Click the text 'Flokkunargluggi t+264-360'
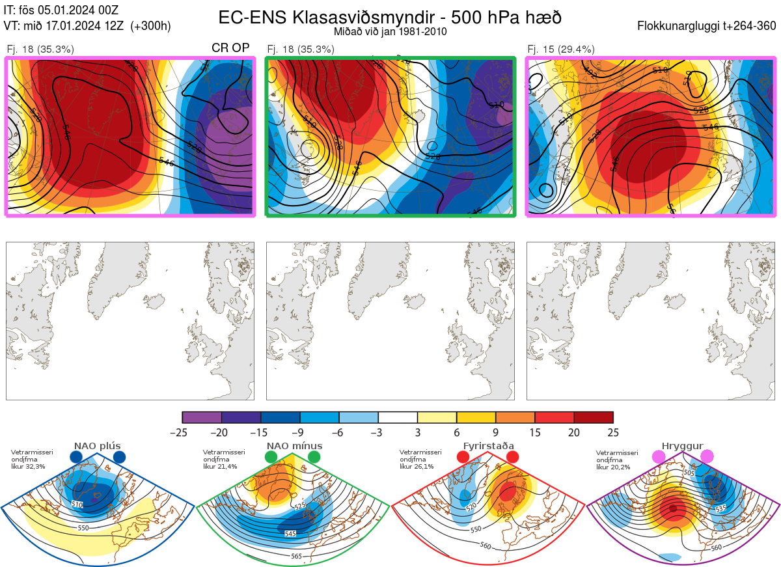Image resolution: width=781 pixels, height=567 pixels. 709,26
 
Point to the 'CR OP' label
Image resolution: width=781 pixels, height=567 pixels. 230,48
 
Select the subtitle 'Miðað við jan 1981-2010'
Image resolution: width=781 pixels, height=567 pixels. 390,31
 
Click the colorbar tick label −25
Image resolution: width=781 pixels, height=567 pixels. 182,432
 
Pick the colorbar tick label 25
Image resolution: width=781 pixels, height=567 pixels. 612,432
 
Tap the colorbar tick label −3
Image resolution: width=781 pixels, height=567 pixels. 378,432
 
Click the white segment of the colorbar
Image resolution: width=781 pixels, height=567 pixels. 398,417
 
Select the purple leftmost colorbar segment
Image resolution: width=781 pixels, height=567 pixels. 202,417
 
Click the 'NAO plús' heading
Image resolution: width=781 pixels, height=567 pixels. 98,446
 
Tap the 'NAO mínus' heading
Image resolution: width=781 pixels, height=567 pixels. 294,446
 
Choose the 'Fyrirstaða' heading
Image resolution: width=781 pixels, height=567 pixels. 488,446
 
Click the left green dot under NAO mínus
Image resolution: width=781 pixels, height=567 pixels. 271,458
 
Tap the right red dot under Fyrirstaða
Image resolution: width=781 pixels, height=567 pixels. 512,458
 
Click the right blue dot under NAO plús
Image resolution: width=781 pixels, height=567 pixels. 119,458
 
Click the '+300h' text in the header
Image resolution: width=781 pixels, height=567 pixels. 150,26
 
